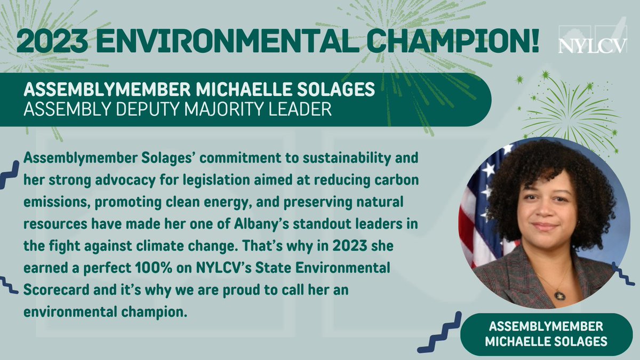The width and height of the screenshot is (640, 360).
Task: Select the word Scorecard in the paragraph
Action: (50, 288)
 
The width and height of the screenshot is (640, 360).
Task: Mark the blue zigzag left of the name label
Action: (439, 333)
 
